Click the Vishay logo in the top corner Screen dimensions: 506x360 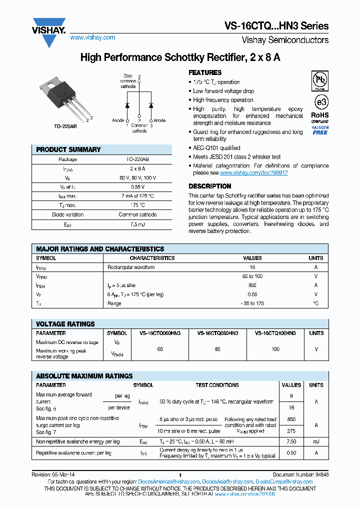pyautogui.click(x=49, y=31)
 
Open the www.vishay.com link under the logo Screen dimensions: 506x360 pyautogui.click(x=92, y=37)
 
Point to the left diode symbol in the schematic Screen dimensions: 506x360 pyautogui.click(x=127, y=105)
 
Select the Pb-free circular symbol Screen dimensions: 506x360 pyautogui.click(x=320, y=79)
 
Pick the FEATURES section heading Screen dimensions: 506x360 pyautogui.click(x=205, y=72)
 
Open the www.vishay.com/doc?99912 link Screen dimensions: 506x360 pyautogui.click(x=253, y=172)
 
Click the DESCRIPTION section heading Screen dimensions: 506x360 pyautogui.click(x=209, y=186)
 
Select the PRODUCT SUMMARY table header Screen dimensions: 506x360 pyautogui.click(x=68, y=149)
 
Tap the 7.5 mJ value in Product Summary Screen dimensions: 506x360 pyautogui.click(x=137, y=225)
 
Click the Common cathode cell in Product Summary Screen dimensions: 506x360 pyautogui.click(x=137, y=214)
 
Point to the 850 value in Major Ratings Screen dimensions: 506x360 pyautogui.click(x=252, y=285)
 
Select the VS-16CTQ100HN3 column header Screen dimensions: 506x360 pyautogui.click(x=275, y=333)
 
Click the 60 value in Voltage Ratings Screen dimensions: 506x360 pyautogui.click(x=160, y=349)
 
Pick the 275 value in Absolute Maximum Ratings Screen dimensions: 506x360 pyautogui.click(x=291, y=431)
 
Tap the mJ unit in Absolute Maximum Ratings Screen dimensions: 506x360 pyautogui.click(x=316, y=442)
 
